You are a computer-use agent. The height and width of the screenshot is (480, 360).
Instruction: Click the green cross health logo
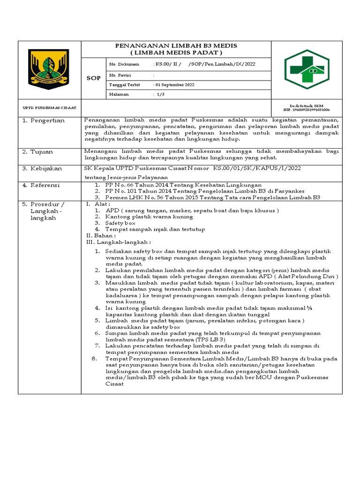(307, 70)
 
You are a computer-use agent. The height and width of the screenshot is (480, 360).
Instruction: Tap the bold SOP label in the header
(94, 78)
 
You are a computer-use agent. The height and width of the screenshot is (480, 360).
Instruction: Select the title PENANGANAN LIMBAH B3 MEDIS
(176, 45)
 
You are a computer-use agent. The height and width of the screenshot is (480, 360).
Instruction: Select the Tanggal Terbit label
(124, 85)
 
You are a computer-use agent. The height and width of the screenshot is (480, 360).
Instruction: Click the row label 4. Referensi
(42, 185)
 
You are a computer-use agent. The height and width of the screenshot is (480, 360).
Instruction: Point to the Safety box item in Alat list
(120, 223)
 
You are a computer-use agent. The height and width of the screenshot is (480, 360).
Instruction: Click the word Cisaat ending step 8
(114, 384)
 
